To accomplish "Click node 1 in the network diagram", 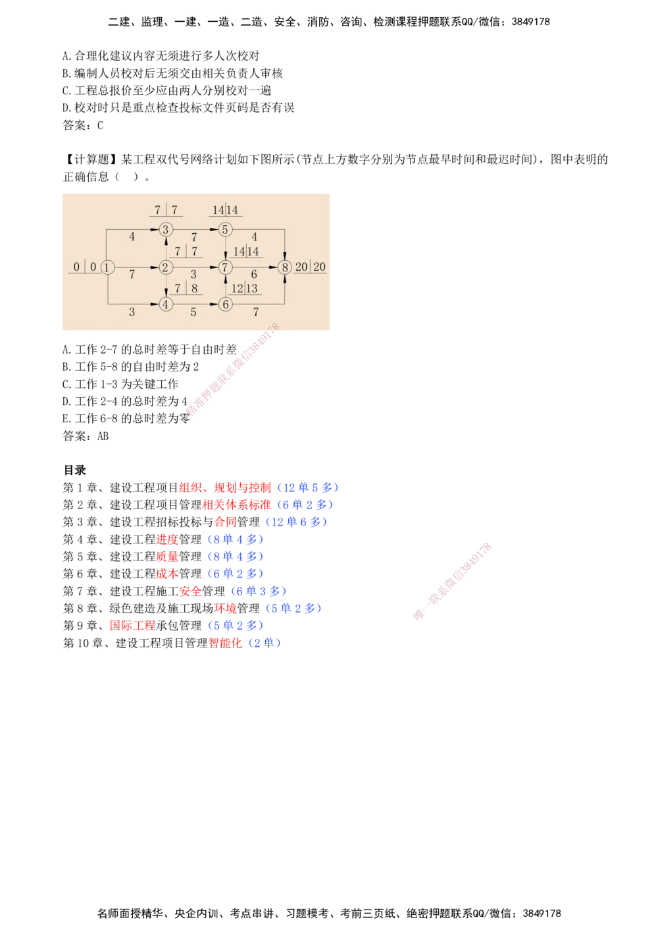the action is point(107,267).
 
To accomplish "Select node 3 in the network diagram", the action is point(166,229).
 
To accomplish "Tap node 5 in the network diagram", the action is point(225,229).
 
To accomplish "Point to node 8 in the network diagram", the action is point(285,267).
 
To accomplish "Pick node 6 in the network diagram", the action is point(225,304).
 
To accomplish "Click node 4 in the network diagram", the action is point(166,304).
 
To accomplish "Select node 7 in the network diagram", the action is point(225,267).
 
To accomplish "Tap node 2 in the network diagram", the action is point(166,267).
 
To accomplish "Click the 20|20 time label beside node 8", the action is point(311,267).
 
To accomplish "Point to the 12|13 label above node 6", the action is point(244,288).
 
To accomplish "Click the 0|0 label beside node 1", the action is point(84,267).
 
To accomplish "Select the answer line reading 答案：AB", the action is point(86,435).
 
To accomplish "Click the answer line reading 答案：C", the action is point(83,125).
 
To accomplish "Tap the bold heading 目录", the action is point(75,470).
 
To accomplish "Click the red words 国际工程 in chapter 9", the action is point(133,625).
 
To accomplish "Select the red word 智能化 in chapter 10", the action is point(225,643).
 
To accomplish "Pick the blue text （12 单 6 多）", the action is point(296,522).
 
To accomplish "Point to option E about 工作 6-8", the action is point(126,418).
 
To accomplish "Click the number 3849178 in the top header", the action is point(530,22).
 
